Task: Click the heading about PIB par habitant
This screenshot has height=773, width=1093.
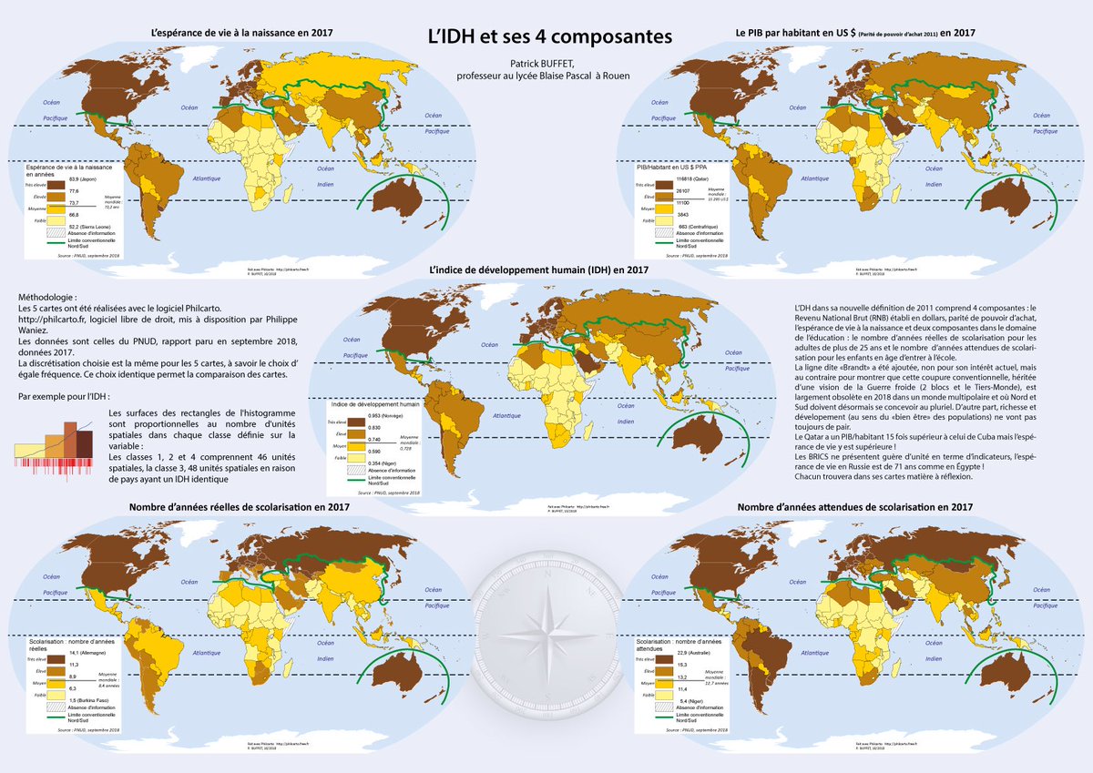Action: pyautogui.click(x=855, y=33)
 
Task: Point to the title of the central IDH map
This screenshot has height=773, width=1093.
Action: pyautogui.click(x=538, y=270)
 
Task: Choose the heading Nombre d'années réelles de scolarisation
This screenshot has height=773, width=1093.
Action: pyautogui.click(x=240, y=506)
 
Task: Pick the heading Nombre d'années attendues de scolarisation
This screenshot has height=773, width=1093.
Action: pyautogui.click(x=853, y=506)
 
